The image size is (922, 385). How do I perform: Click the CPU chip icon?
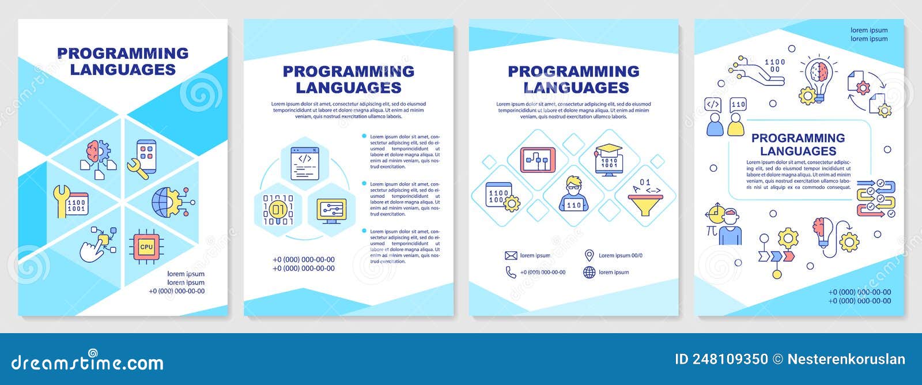146,247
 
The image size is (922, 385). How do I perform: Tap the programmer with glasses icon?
574,193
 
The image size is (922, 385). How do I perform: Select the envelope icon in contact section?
511,255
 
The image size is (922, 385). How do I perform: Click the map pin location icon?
589,255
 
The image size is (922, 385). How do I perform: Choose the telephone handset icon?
511,272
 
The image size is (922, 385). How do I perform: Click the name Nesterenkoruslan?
846,360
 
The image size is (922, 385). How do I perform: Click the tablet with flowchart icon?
538,160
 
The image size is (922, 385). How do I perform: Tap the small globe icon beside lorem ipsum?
589,272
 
